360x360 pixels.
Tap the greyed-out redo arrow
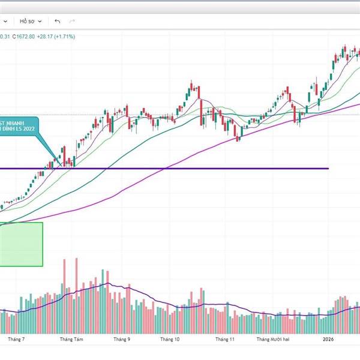coord(73,21)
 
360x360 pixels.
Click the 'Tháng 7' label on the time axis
coord(16,340)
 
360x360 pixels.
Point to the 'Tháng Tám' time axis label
coord(71,340)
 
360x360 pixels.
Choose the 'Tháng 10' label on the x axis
coord(170,340)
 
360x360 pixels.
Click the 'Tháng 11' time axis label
coord(224,340)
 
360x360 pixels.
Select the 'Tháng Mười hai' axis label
coord(274,340)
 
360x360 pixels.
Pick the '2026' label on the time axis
coord(328,340)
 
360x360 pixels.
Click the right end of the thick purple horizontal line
coord(328,169)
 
